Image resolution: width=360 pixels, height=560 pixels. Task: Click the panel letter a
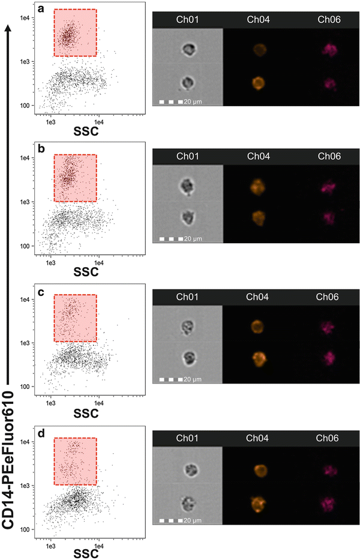(41, 9)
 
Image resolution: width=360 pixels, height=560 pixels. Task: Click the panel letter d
(41, 434)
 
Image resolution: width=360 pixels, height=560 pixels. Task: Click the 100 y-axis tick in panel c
(26, 387)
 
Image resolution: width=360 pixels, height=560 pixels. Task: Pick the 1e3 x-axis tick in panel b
(50, 262)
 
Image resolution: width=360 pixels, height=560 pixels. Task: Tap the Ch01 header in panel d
(188, 439)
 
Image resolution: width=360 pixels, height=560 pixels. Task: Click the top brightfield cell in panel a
(188, 50)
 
